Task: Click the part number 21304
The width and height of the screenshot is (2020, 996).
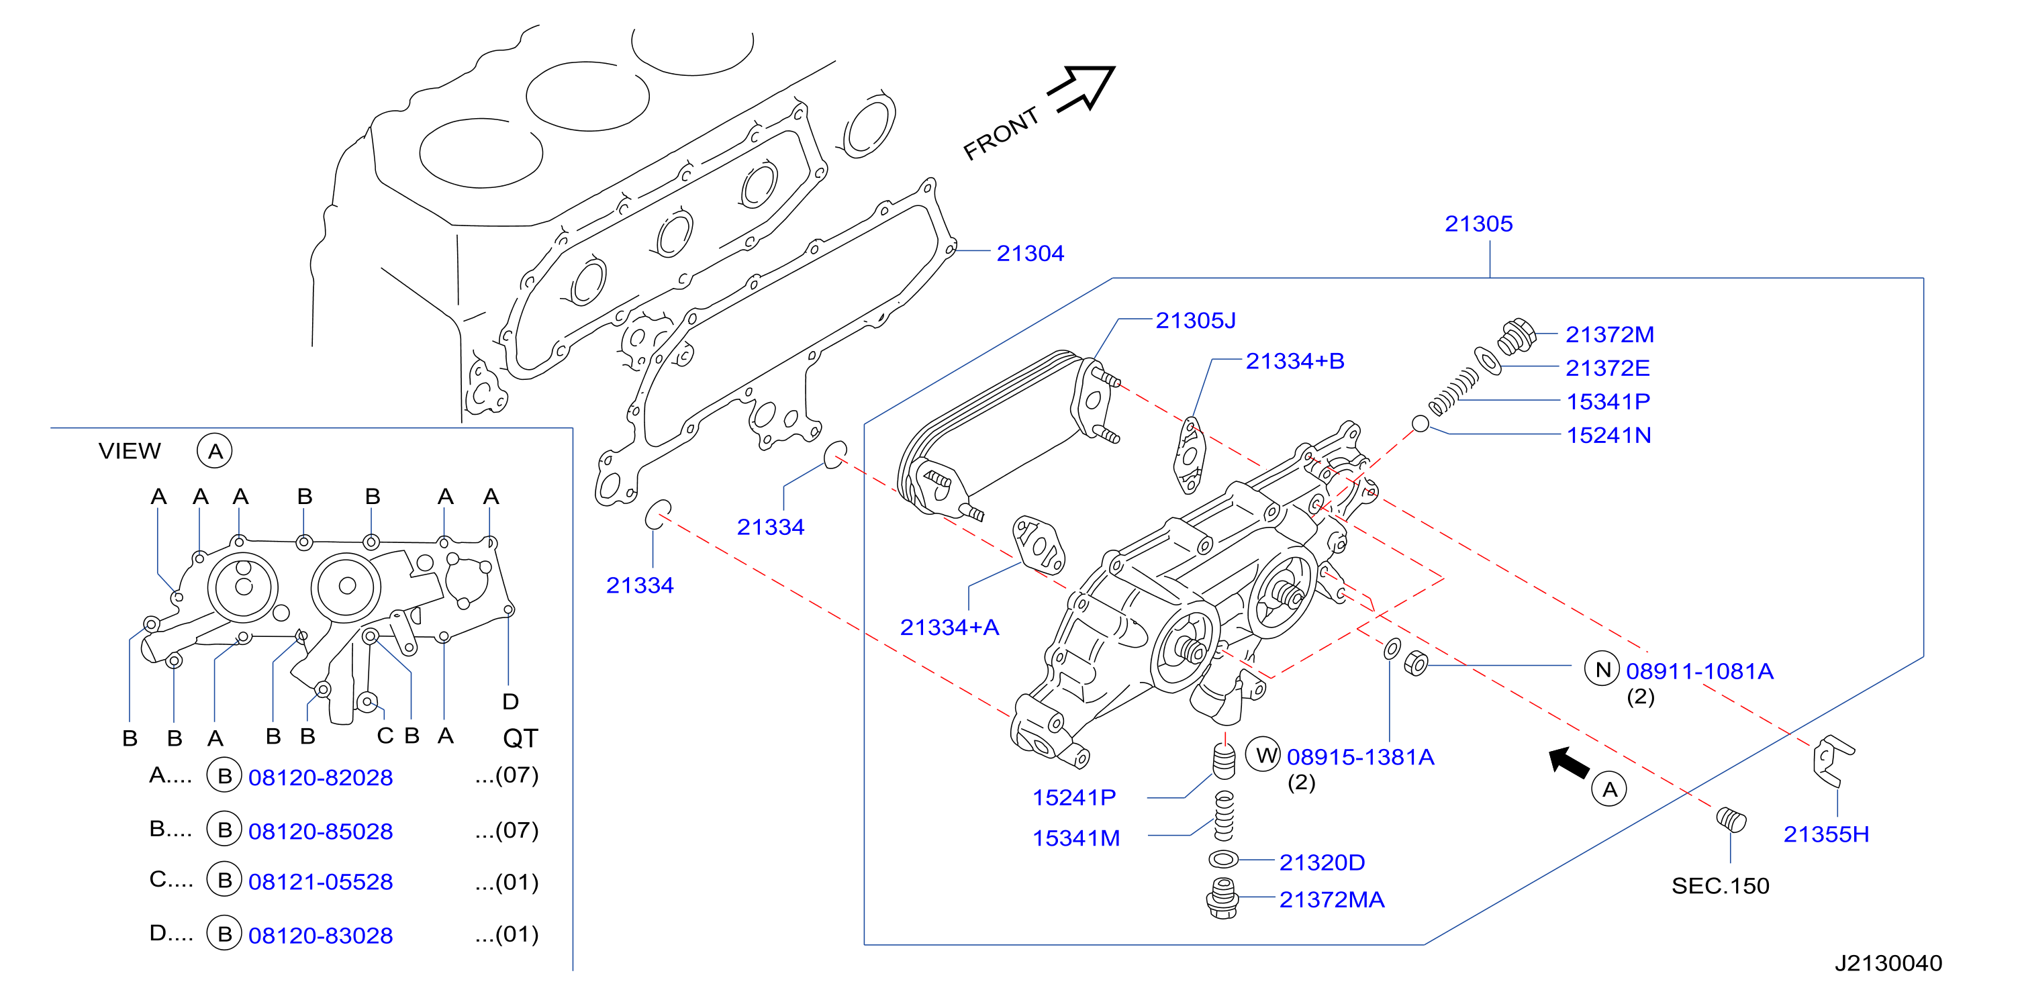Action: point(1030,253)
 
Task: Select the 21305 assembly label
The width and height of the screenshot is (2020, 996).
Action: point(1478,223)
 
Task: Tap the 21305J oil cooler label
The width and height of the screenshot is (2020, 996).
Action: point(1195,320)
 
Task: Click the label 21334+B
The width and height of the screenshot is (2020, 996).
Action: point(1295,361)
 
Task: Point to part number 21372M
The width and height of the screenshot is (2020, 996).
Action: point(1609,334)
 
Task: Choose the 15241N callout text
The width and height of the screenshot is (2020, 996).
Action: point(1608,436)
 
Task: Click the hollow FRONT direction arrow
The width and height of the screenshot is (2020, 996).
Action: point(1082,89)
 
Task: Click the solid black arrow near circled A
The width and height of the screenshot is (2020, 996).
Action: point(1568,763)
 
